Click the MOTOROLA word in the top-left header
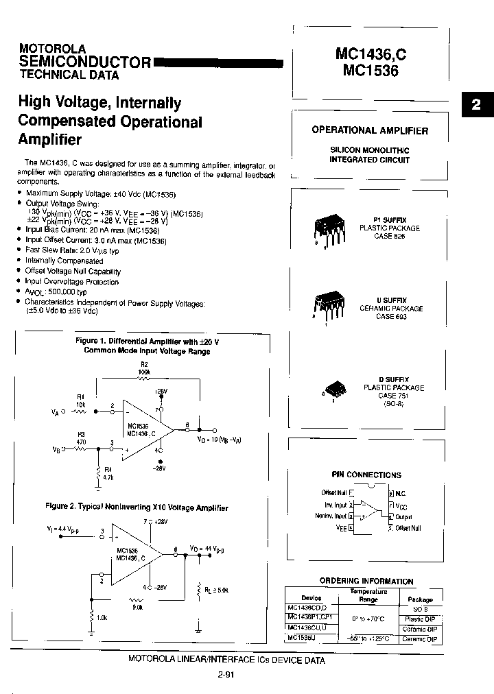point(52,49)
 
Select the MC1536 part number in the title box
point(367,69)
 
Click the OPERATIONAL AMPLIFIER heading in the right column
point(370,130)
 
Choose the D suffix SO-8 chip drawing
point(334,390)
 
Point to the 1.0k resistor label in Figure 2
point(102,618)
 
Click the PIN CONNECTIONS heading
point(366,475)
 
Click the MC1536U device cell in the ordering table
point(302,638)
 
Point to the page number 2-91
point(225,675)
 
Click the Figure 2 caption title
point(137,507)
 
